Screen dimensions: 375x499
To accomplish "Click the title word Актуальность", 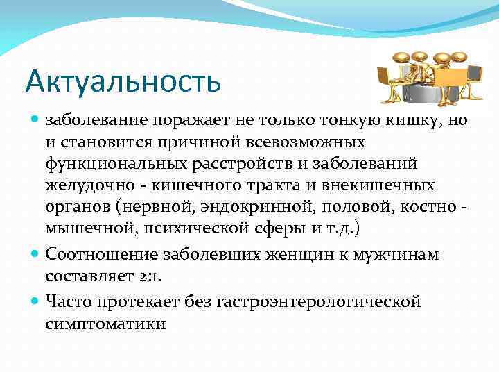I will coord(123,81).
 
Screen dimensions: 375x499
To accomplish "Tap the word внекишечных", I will coord(380,185).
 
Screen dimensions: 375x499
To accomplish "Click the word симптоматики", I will coord(105,324).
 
